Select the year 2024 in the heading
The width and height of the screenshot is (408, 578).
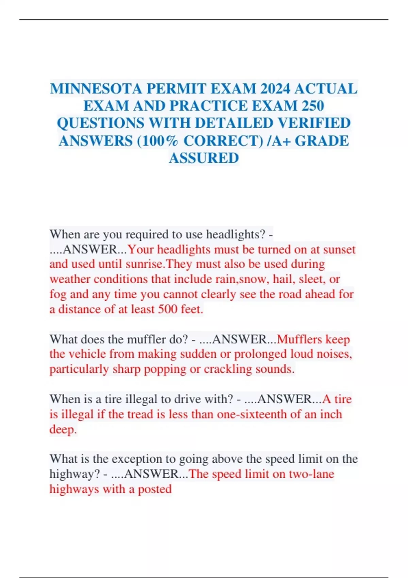point(275,89)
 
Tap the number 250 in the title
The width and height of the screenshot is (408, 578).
point(312,106)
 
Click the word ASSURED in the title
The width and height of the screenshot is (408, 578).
point(204,158)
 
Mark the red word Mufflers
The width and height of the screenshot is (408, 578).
point(299,339)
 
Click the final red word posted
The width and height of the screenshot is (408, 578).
point(155,489)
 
